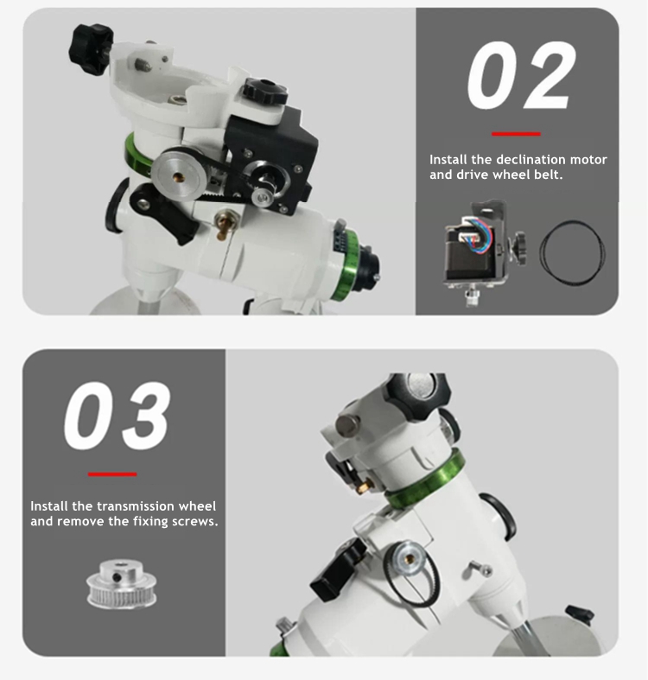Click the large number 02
[x=521, y=75]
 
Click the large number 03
[x=118, y=416]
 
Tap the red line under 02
[x=516, y=134]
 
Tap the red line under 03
[x=112, y=474]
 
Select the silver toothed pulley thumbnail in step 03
[x=122, y=584]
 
